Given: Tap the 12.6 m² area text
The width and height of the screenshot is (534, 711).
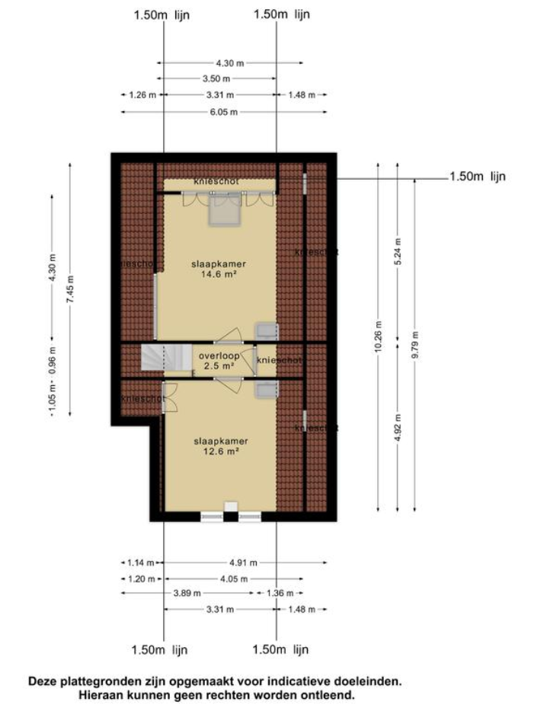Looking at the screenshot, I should pos(221,451).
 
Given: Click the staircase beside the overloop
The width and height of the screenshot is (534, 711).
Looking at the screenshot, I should pos(165,359).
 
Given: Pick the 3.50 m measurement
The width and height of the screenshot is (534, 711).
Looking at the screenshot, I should pos(218,78).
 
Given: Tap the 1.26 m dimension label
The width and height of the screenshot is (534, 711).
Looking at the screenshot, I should pos(138,95).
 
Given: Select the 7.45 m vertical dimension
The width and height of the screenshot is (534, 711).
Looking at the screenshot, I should pos(70,289).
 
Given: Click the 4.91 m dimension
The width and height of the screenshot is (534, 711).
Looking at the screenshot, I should pos(243,563).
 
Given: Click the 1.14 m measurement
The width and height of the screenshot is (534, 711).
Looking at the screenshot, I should pos(138,563).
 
